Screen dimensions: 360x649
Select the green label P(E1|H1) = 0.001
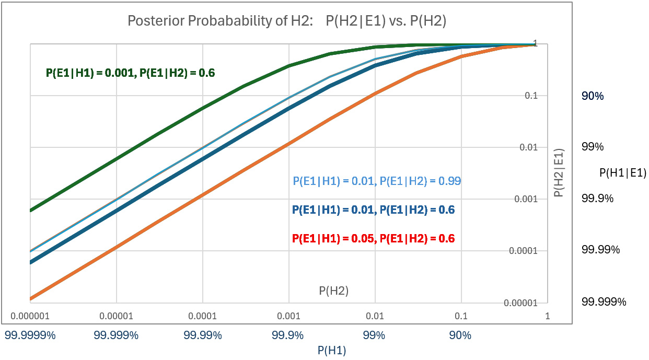[131, 73]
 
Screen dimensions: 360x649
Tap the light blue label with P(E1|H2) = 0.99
[377, 181]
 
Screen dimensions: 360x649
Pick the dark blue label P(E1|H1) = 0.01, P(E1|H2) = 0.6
[373, 210]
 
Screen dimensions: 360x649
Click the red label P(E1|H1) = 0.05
[373, 239]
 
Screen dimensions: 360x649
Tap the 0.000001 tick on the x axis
[30, 316]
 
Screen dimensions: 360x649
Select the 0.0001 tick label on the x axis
[202, 316]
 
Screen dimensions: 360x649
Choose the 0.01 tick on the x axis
[375, 316]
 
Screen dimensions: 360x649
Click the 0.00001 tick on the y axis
[521, 303]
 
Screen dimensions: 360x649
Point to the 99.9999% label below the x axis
[30, 335]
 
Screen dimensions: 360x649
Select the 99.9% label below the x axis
[289, 335]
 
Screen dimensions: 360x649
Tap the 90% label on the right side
[593, 96]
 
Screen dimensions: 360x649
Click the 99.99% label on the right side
[600, 250]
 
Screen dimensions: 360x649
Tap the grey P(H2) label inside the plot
[333, 291]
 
